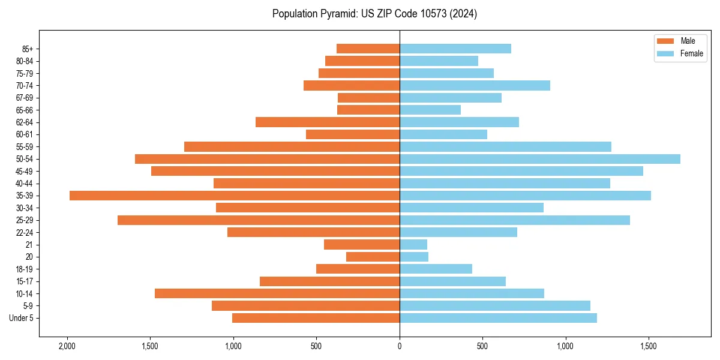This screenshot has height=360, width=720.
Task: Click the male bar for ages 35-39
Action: (234, 196)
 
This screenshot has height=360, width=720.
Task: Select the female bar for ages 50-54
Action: (540, 159)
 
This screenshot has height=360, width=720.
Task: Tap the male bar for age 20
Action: (373, 257)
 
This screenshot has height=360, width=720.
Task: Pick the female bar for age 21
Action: (413, 245)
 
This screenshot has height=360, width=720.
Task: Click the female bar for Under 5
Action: (498, 318)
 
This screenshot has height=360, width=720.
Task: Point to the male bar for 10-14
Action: (277, 293)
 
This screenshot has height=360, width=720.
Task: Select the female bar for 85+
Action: (455, 49)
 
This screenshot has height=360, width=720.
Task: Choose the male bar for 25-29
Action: (259, 220)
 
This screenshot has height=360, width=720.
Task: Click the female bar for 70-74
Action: (475, 85)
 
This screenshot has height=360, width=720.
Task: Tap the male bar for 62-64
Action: (328, 122)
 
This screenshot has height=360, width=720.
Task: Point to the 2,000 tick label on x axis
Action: (67, 346)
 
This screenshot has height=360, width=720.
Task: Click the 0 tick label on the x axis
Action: (400, 346)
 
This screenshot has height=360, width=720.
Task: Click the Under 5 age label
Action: (21, 318)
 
